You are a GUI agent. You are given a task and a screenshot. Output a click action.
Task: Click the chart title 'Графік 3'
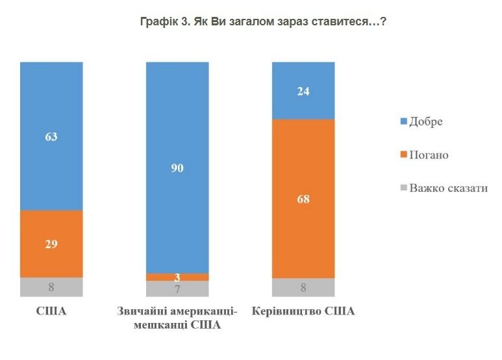tap(264, 21)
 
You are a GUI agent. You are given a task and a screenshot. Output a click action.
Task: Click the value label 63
tap(51, 136)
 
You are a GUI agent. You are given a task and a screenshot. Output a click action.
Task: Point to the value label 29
tap(51, 244)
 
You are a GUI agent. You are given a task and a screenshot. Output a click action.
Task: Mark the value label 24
tap(303, 91)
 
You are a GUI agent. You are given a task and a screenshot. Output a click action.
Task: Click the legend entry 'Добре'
tap(425, 122)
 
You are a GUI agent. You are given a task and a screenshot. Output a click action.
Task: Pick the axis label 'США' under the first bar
tap(51, 311)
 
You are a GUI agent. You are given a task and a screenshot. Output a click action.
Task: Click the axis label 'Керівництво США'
tap(303, 311)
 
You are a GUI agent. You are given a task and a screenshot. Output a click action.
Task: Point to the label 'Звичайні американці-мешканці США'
tap(177, 318)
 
